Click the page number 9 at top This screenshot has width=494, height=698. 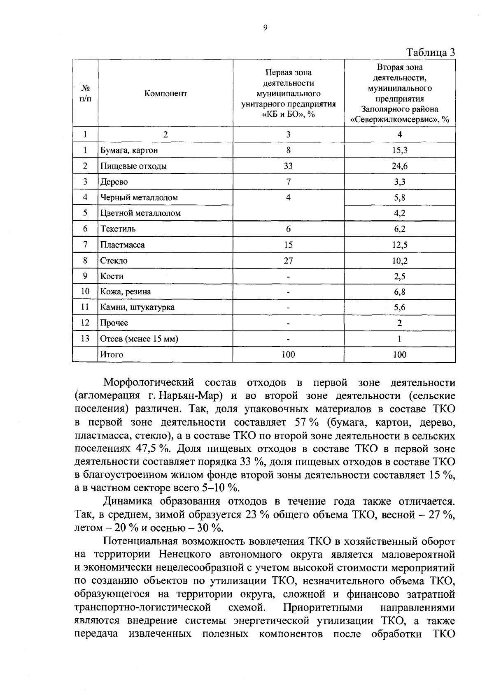click(x=265, y=28)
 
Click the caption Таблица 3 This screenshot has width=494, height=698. click(x=431, y=52)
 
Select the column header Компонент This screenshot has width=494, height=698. click(x=165, y=94)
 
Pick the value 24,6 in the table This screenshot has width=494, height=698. click(x=399, y=166)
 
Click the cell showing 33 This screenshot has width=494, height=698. click(x=288, y=166)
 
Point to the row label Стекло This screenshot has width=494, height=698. click(x=114, y=261)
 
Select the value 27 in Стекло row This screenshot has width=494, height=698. click(x=288, y=261)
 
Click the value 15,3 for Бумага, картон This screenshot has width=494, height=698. click(x=399, y=150)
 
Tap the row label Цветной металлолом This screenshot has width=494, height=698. click(x=141, y=213)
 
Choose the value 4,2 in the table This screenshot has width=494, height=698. click(x=399, y=213)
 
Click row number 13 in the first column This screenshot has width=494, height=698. click(x=85, y=339)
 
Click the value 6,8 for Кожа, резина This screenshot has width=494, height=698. click(x=399, y=292)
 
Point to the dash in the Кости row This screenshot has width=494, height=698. click(x=288, y=277)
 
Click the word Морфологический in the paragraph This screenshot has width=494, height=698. click(x=148, y=383)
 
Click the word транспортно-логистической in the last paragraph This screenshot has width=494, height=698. click(x=142, y=607)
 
